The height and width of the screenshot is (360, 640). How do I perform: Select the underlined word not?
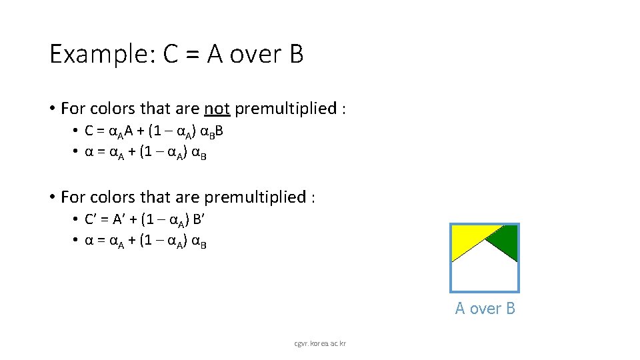(x=217, y=108)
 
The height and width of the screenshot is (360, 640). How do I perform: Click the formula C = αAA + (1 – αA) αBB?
(x=154, y=131)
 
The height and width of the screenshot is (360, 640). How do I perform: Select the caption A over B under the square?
(x=485, y=308)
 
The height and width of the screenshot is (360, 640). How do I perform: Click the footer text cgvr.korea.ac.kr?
(x=319, y=343)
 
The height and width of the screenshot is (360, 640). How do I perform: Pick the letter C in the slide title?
(x=169, y=54)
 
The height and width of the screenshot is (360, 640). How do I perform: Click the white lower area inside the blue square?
(x=485, y=273)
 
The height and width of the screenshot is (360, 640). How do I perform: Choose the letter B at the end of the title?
(x=296, y=54)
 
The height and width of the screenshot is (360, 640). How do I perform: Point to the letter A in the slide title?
(x=215, y=54)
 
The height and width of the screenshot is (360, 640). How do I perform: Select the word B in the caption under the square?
(x=510, y=308)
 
